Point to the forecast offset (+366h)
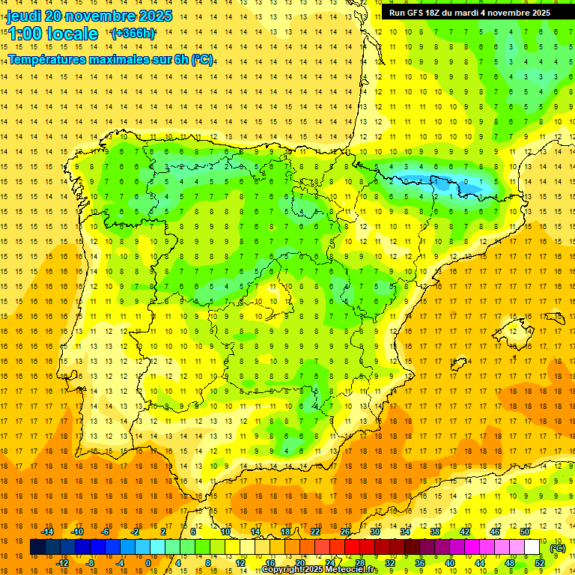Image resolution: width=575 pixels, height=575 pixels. click(x=133, y=34)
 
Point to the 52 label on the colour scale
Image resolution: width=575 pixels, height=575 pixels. click(x=540, y=563)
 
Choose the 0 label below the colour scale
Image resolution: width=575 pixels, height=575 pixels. click(x=148, y=563)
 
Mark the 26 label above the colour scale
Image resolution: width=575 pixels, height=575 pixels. click(x=345, y=532)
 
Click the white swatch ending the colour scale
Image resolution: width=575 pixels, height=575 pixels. click(x=532, y=547)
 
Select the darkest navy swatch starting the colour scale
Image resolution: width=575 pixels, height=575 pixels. click(x=37, y=547)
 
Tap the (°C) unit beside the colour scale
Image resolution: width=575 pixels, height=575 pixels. click(x=558, y=548)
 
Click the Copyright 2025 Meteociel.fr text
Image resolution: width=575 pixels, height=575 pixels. click(x=319, y=570)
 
